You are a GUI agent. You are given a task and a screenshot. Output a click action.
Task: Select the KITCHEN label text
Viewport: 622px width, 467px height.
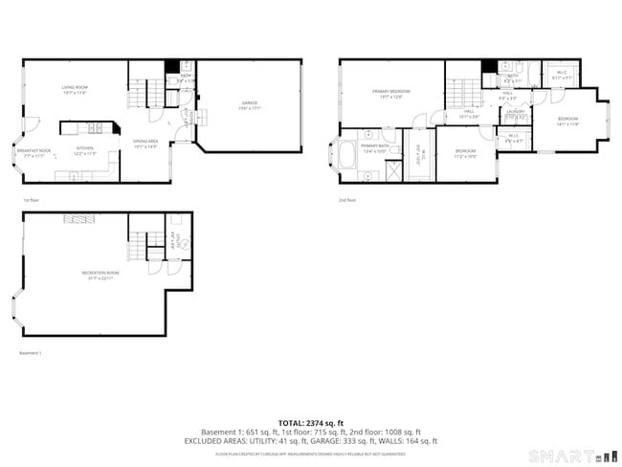(x=86, y=150)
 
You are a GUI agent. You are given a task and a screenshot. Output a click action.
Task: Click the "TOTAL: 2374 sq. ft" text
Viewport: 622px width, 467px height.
(x=311, y=422)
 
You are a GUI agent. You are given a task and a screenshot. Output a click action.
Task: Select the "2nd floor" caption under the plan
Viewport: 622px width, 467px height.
(x=346, y=200)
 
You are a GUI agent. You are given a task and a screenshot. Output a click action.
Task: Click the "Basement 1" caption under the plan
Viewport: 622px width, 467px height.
(x=32, y=353)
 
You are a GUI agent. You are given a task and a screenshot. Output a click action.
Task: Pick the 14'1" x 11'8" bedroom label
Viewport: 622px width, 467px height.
(x=567, y=121)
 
